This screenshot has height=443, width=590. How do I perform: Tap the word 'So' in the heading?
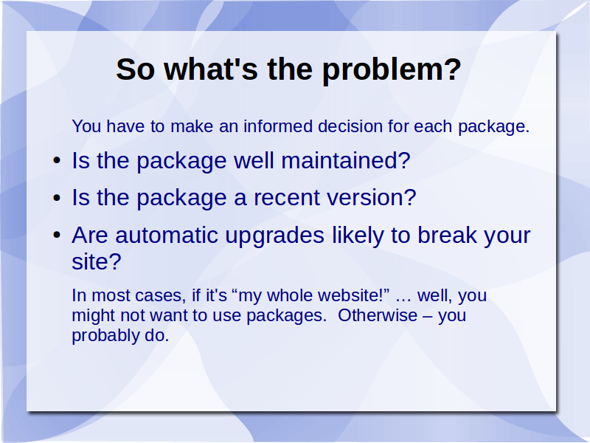click(x=136, y=69)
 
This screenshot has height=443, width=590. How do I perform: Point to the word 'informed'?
click(x=278, y=126)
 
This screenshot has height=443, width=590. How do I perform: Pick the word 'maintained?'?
click(x=345, y=160)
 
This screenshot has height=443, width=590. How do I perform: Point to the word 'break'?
click(x=448, y=235)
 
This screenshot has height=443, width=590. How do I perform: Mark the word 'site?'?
click(x=97, y=261)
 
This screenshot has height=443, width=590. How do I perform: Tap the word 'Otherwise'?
click(x=378, y=315)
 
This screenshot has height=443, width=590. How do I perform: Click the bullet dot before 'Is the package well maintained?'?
click(x=57, y=161)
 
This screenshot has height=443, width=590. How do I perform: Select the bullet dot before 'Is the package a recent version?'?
click(x=57, y=198)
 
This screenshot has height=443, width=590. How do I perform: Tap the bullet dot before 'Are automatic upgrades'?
click(x=57, y=236)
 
